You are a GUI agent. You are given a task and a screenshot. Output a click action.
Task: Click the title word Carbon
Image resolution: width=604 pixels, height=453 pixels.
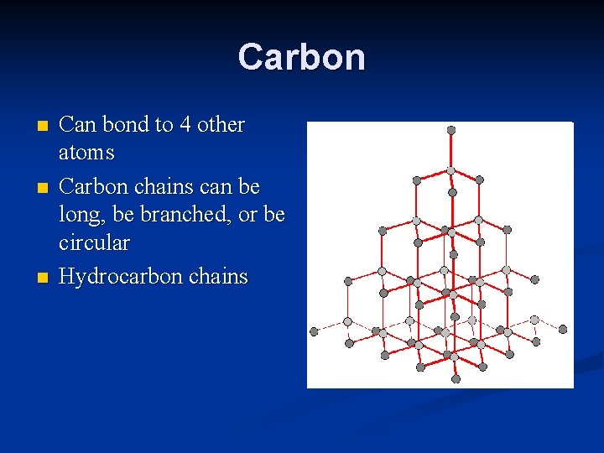pos(301,57)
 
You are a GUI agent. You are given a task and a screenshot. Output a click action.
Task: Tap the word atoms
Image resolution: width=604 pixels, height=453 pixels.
pos(86,154)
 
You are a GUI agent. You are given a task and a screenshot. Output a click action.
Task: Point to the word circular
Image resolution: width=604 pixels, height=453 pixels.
pos(94,243)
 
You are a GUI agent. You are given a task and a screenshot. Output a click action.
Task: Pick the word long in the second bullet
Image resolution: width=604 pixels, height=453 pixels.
pos(78,216)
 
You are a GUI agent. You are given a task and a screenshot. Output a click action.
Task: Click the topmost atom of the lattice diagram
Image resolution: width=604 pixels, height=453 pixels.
pos(451,130)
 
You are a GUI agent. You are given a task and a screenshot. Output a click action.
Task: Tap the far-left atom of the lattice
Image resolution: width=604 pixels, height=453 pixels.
pos(314,331)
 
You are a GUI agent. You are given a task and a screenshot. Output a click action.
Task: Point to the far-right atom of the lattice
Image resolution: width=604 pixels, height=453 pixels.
pos(563,329)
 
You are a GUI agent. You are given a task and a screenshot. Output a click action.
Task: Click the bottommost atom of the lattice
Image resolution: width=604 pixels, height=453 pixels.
pos(456,378)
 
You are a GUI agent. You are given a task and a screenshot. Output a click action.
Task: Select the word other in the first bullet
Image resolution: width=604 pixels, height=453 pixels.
pos(221,125)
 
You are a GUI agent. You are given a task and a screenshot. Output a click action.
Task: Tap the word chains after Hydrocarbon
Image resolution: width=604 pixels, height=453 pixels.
pos(218,276)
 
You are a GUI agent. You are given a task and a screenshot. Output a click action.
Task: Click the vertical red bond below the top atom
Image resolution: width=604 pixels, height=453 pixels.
pos(451,151)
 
